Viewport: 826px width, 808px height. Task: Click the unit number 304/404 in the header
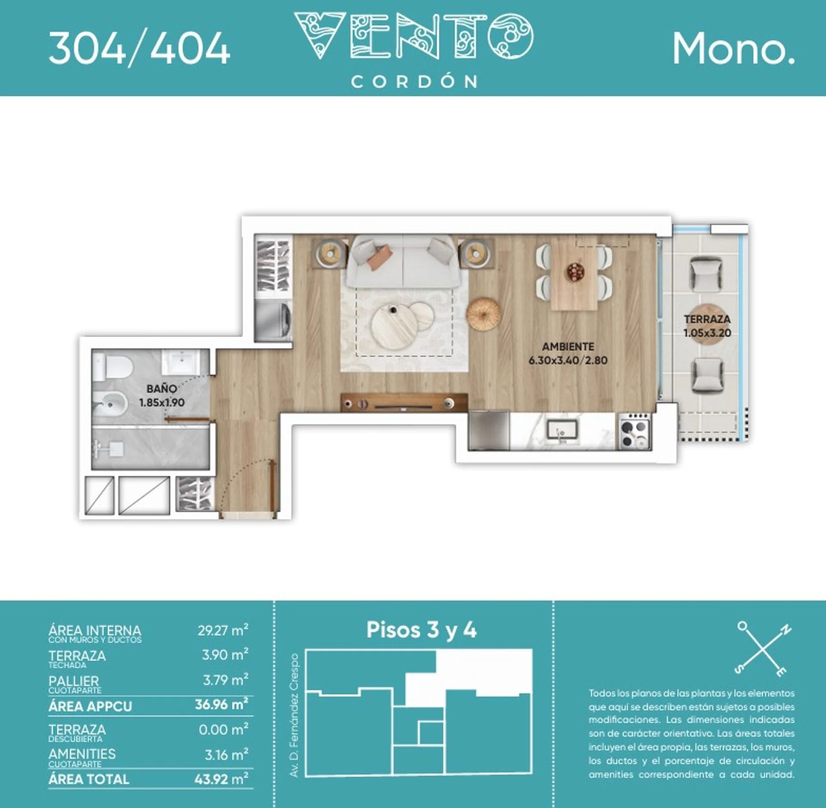pos(139,49)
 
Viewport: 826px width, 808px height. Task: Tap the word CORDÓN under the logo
pos(414,81)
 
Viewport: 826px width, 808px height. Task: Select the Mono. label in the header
pos(734,49)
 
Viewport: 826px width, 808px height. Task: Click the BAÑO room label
pos(161,389)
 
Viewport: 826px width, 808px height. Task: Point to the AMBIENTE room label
pos(568,346)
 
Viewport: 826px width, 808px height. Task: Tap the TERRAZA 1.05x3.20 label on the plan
pos(707,326)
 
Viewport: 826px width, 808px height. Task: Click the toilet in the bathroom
pos(112,367)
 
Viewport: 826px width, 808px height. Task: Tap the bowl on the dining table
pos(575,272)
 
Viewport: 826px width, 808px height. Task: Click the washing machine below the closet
pos(273,321)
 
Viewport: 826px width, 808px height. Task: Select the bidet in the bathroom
pos(110,404)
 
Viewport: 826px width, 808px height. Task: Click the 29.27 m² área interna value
pos(223,630)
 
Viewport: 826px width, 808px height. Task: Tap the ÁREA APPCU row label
pos(90,706)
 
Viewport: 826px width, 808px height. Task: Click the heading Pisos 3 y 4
pos(421,630)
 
